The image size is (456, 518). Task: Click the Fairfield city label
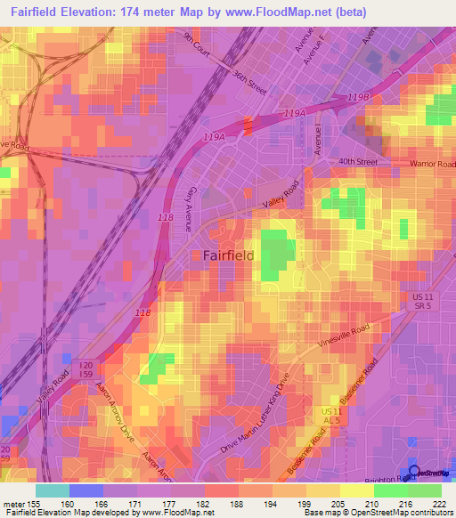[x=228, y=255]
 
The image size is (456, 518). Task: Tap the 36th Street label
[x=249, y=83]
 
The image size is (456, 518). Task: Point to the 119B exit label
[x=358, y=96]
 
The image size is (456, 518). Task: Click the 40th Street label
[x=358, y=162]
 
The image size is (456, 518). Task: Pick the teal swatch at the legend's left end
[x=52, y=490]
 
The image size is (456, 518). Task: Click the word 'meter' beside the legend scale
[x=15, y=502]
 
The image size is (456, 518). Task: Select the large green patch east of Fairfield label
[x=278, y=252]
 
